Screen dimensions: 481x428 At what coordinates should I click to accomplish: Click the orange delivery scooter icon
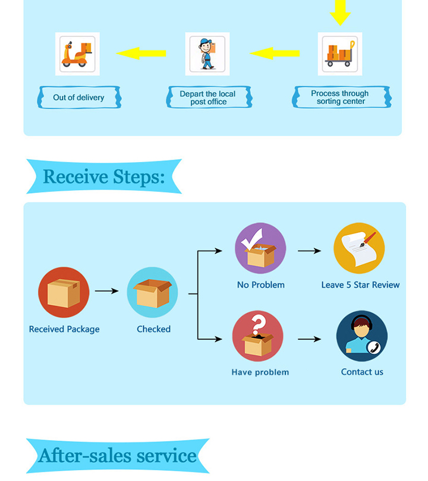click(x=77, y=54)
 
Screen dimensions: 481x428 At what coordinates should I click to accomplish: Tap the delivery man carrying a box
click(x=207, y=54)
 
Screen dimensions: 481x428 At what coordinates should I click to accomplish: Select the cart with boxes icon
click(x=340, y=54)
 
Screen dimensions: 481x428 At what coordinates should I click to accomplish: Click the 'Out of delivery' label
click(x=78, y=97)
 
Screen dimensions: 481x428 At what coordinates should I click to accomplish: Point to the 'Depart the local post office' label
click(x=207, y=98)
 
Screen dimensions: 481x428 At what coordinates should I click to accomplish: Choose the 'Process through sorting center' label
click(x=340, y=97)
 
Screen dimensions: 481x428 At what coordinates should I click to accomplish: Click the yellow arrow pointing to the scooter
click(x=141, y=53)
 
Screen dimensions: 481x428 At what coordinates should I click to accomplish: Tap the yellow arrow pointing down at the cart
click(x=340, y=12)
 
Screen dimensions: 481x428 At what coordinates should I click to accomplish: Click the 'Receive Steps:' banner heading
click(x=103, y=176)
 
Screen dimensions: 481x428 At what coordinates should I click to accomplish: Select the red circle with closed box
click(x=64, y=293)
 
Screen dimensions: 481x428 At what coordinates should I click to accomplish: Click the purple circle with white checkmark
click(x=260, y=248)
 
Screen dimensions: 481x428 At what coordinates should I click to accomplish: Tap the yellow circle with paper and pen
click(x=359, y=248)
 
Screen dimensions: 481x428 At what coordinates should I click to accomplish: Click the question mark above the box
click(x=257, y=325)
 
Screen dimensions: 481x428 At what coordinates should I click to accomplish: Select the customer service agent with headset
click(x=361, y=336)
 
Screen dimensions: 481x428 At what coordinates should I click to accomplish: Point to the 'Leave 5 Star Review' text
click(x=360, y=285)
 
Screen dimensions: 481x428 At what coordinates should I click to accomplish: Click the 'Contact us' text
click(x=362, y=372)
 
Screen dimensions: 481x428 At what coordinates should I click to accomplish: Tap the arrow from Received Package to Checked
click(x=107, y=291)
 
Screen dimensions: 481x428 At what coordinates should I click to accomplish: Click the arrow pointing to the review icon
click(x=309, y=251)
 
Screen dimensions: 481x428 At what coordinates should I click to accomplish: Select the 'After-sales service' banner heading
click(x=117, y=456)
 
